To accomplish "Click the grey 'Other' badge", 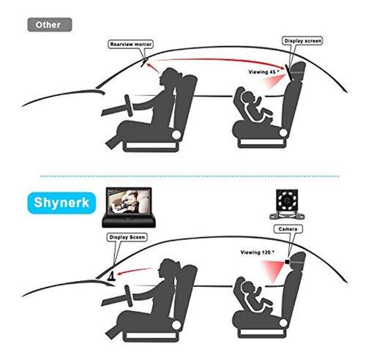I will (49, 23).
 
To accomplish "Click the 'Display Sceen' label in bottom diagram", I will (124, 237).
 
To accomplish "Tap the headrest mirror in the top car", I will (296, 72).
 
